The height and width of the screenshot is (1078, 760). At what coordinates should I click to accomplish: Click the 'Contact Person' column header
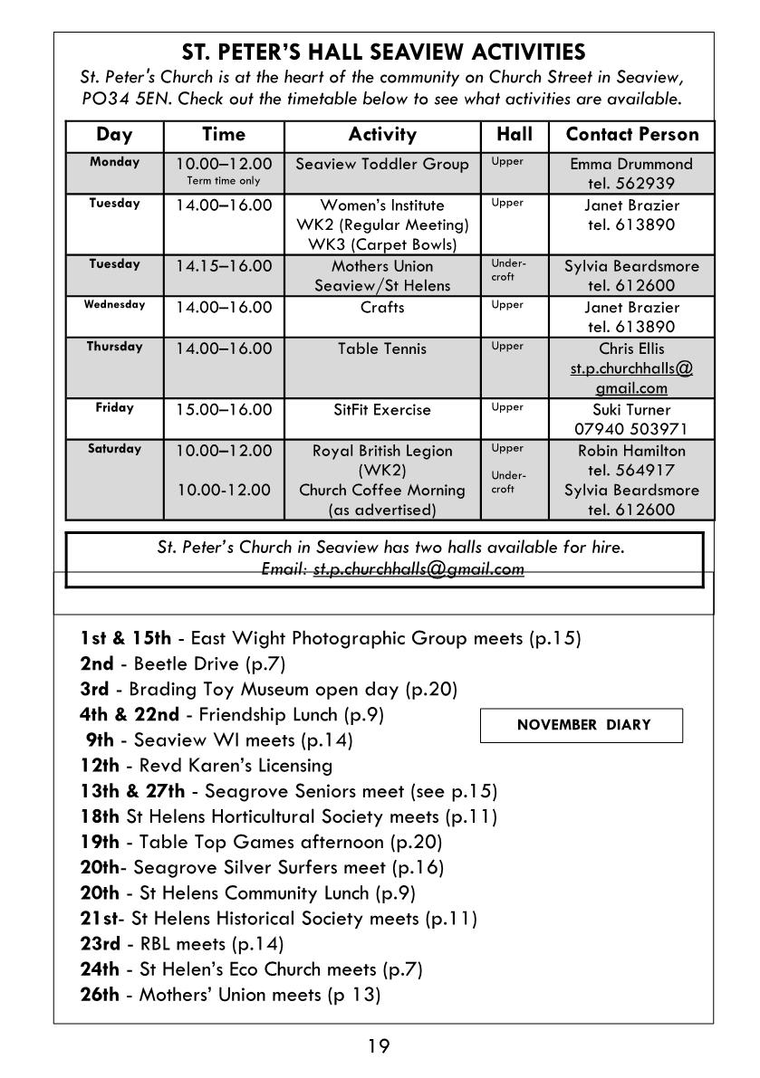click(x=631, y=135)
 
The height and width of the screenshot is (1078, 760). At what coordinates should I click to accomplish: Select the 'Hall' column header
click(x=515, y=135)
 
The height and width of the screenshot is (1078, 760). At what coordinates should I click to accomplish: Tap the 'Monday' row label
click(x=114, y=163)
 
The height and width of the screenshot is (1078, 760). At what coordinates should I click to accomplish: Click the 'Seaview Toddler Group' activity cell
click(x=382, y=164)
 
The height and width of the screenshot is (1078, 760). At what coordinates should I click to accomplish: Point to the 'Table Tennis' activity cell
click(x=382, y=348)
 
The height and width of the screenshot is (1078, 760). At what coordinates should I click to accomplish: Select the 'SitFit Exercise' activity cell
click(x=382, y=410)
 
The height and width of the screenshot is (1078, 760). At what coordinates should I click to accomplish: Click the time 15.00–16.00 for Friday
click(x=224, y=410)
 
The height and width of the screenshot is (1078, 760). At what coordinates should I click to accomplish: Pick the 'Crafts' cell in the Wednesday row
click(x=382, y=308)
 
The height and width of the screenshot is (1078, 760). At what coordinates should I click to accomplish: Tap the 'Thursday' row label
click(x=114, y=347)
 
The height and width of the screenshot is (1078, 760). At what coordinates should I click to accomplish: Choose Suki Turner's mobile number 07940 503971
click(x=631, y=429)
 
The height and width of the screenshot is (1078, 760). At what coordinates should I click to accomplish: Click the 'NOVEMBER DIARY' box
click(x=581, y=725)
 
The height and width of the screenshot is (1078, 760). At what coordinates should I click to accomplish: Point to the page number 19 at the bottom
click(x=379, y=1047)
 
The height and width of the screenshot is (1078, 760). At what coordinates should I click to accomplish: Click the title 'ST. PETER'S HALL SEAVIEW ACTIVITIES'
click(x=383, y=52)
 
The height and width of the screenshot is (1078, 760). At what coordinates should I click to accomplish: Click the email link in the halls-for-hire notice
click(x=418, y=569)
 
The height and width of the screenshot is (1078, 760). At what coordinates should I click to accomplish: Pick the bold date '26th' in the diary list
click(x=100, y=996)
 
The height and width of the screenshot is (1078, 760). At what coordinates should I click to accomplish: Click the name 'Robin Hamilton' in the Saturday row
click(x=631, y=451)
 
